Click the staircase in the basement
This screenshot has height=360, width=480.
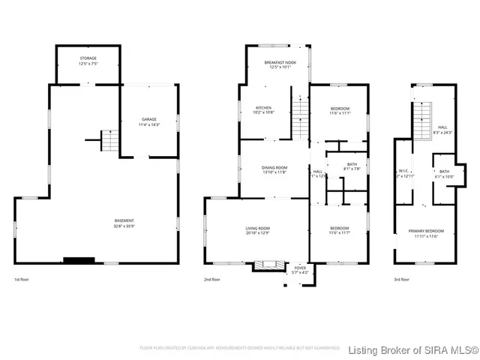(x=109, y=140)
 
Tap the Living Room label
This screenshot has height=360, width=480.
(x=258, y=230)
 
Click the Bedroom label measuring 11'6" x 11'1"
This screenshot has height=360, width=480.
(x=340, y=111)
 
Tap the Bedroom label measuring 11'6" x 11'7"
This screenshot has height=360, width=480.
(x=340, y=230)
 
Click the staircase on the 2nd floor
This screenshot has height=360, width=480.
(x=300, y=112)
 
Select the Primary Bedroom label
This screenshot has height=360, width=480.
(x=426, y=233)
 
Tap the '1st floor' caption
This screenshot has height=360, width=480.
(x=22, y=280)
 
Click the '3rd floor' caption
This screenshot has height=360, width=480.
(x=402, y=280)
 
